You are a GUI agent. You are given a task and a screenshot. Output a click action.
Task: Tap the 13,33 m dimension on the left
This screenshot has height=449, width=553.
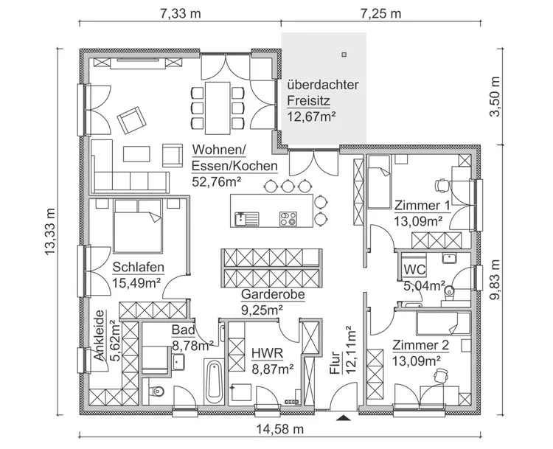tap(50, 230)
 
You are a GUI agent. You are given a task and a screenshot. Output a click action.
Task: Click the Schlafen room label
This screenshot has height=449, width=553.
tap(139, 267)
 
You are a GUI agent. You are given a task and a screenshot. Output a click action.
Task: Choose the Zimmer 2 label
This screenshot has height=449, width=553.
tap(421, 344)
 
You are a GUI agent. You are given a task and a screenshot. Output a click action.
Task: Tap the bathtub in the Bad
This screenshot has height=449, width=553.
tap(214, 383)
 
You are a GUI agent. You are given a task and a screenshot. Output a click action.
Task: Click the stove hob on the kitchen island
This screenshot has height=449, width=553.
tap(288, 218)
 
